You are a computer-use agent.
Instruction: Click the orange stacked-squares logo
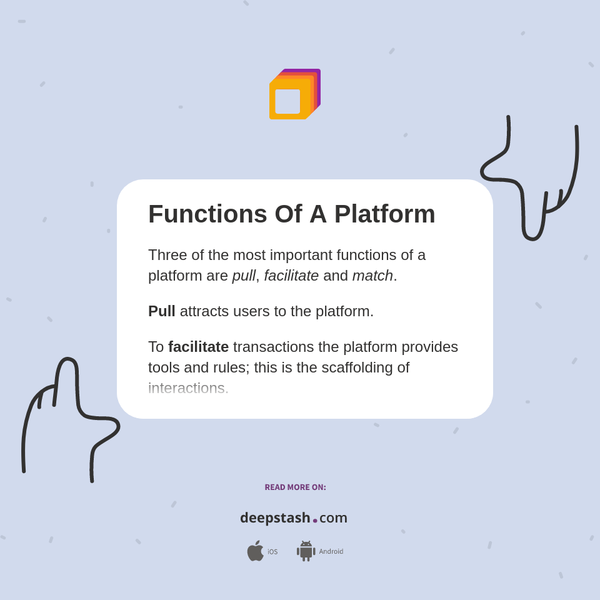294,95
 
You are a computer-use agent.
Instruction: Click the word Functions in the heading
207,214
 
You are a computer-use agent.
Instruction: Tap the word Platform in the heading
384,214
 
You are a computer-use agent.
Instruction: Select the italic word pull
244,276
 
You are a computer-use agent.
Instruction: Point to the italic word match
372,276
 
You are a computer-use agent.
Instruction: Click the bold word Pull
161,311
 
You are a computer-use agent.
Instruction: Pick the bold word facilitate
198,347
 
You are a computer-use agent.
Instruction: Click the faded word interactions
186,388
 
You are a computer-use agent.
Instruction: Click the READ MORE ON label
295,487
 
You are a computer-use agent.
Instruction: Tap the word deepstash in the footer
275,518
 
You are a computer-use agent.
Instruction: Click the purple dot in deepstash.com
315,520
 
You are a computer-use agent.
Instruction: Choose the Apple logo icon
255,551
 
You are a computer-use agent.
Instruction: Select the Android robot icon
306,551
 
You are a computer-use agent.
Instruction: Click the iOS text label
272,552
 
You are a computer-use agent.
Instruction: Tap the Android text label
331,552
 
